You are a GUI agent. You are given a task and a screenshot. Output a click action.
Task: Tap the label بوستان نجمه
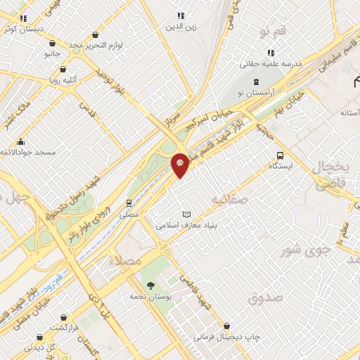(x=150, y=296)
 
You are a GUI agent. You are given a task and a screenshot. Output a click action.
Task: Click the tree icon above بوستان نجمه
(x=150, y=285)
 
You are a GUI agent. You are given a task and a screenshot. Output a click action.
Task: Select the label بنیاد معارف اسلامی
(x=186, y=226)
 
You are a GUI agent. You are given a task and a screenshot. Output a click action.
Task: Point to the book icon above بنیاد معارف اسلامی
(x=186, y=214)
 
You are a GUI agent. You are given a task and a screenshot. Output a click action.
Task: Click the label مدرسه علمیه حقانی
(x=271, y=64)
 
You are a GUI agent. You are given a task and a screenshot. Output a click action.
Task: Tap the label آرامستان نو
(x=256, y=91)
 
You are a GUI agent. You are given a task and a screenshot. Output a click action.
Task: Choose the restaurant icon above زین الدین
(x=181, y=15)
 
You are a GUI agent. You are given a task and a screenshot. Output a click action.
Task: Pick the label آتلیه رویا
(x=63, y=80)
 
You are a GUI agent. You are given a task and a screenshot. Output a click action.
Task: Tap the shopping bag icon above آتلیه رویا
(x=63, y=69)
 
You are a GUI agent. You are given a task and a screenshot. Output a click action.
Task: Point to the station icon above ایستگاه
(x=281, y=155)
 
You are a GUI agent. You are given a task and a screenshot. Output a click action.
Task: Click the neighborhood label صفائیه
(x=230, y=200)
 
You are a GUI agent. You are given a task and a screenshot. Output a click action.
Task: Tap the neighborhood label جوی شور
(x=300, y=250)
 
